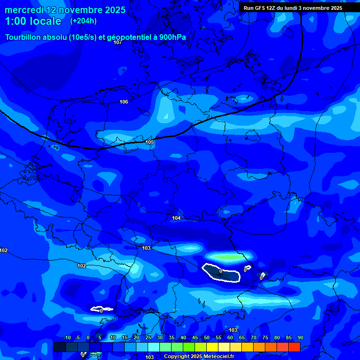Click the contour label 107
click(118, 42)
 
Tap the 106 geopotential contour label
click(124, 102)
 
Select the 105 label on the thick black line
click(150, 142)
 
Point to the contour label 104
click(176, 218)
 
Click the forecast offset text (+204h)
click(83, 21)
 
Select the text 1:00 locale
click(33, 21)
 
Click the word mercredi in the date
click(24, 10)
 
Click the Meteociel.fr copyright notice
click(199, 357)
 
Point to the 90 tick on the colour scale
click(300, 338)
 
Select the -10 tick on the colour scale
click(67, 338)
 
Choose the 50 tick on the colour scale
click(207, 338)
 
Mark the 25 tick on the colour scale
click(148, 338)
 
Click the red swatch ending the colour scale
click(294, 347)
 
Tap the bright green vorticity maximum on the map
click(227, 257)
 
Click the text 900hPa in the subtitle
click(172, 37)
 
